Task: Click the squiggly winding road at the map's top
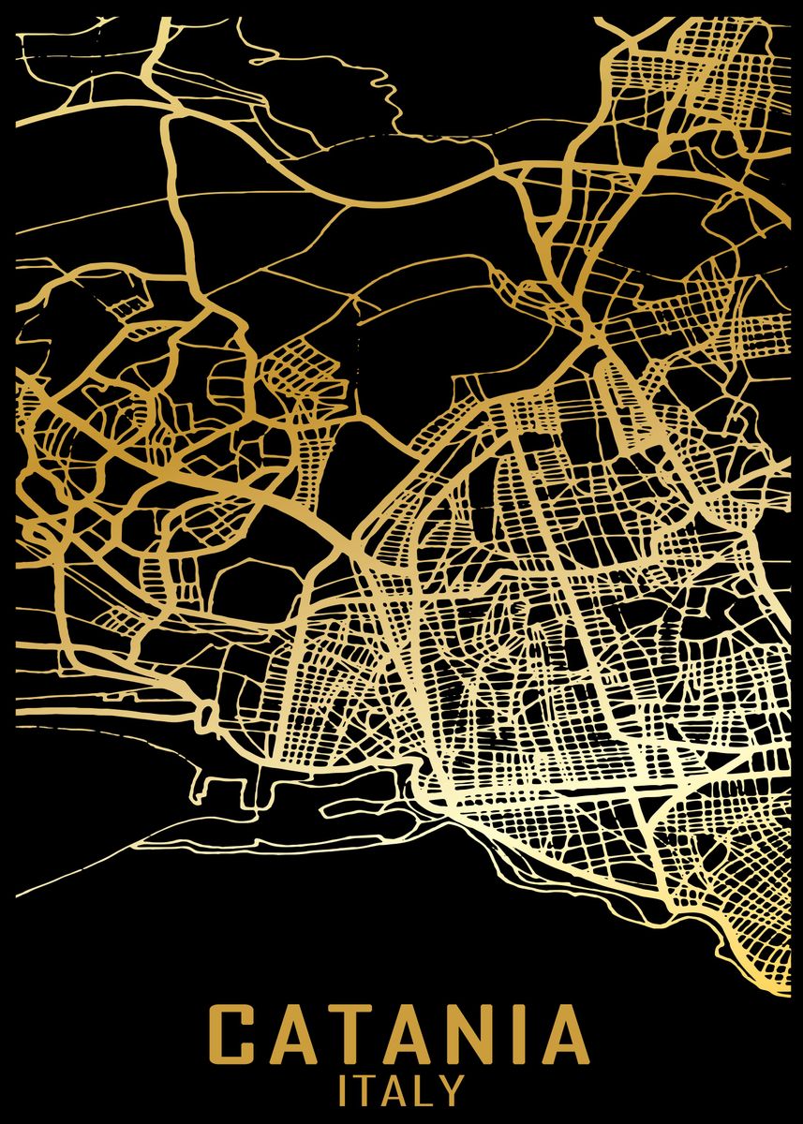coord(379,89)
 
